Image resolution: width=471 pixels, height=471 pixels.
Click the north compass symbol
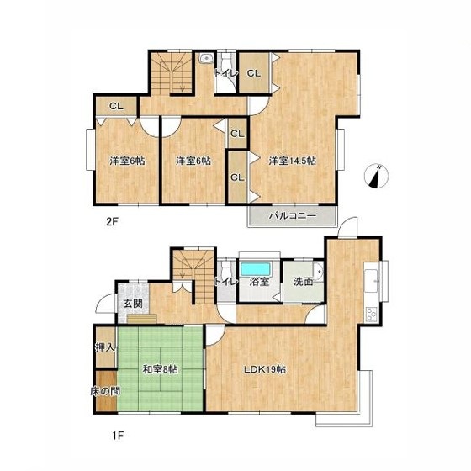[x=377, y=176]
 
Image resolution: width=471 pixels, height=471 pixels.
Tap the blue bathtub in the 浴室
[x=256, y=269]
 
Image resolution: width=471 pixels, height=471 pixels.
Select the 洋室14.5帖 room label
[x=293, y=161]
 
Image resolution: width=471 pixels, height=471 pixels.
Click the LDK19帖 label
[x=264, y=369]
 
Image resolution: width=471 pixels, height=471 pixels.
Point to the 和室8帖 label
[x=160, y=369]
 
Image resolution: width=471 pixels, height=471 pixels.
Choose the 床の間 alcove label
[x=105, y=391]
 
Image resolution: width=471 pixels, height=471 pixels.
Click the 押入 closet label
[x=105, y=347]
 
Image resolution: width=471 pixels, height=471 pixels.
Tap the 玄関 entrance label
[x=133, y=304]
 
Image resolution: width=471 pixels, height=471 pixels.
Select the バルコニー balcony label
[x=293, y=215]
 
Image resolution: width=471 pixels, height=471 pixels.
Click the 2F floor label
[x=112, y=222]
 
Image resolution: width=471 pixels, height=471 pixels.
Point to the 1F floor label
[x=119, y=436]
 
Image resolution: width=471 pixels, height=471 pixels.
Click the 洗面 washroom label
[x=303, y=282]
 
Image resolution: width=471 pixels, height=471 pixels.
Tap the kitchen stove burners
[x=372, y=315]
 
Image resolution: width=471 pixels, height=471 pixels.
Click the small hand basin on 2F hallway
[x=206, y=58]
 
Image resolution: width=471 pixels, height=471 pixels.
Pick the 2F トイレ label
[x=226, y=73]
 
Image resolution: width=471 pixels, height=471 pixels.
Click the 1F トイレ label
[x=226, y=282]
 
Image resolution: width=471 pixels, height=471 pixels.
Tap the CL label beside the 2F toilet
[x=254, y=73]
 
